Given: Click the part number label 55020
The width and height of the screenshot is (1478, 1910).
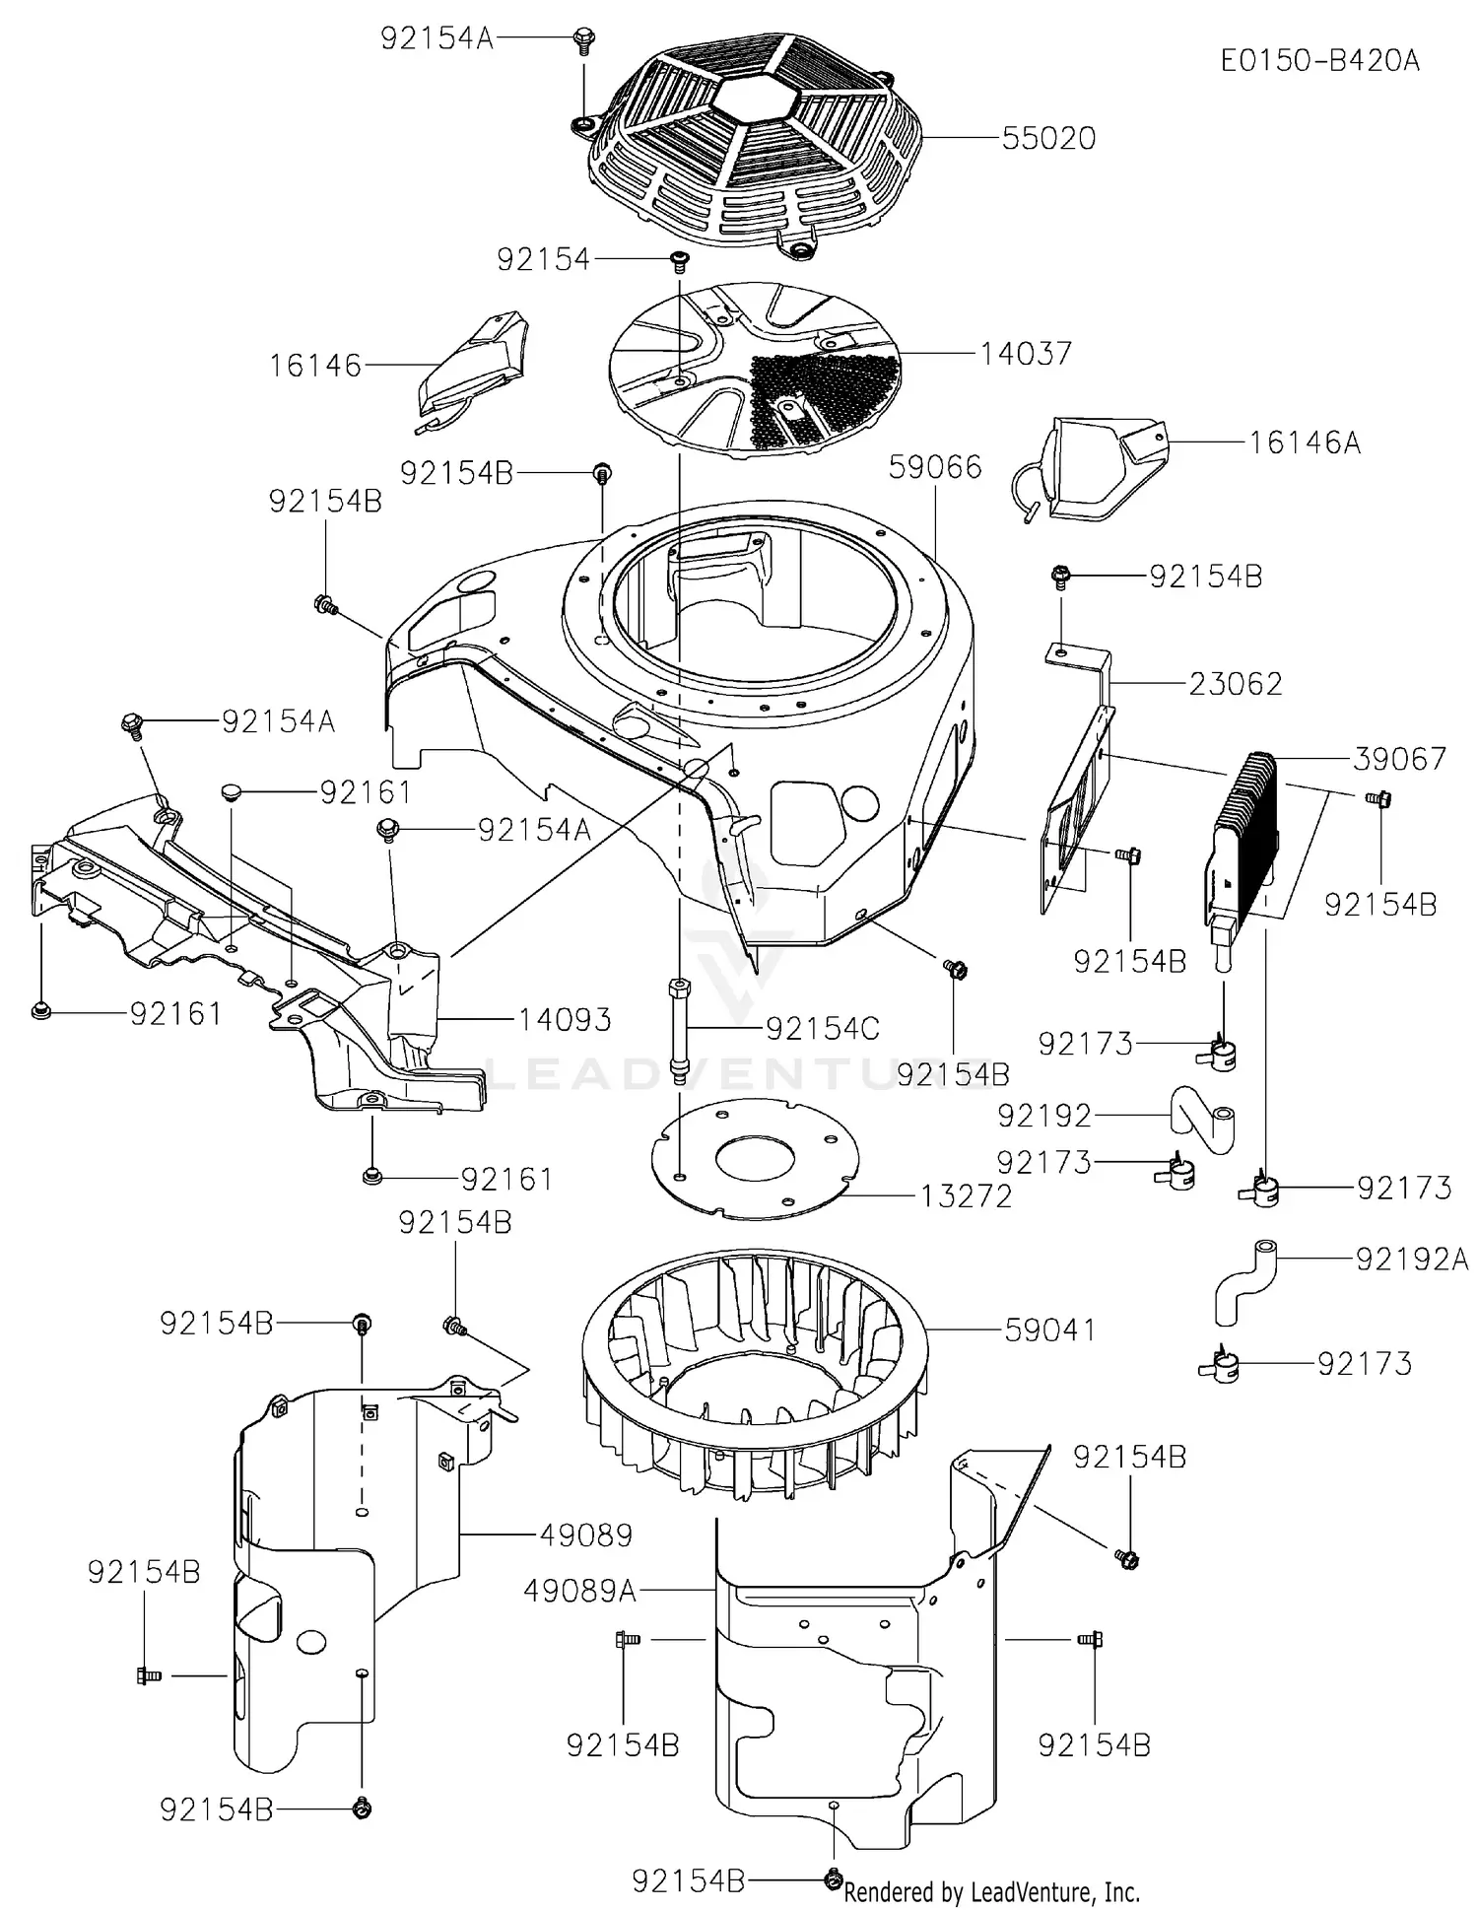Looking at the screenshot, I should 1048,138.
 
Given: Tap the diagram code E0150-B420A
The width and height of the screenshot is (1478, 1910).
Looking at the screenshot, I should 1319,61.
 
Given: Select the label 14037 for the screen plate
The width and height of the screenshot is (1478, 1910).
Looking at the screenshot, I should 1026,354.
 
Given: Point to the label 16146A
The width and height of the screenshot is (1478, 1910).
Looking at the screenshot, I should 1305,443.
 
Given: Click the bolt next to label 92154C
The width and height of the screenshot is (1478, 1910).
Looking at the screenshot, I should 678,1030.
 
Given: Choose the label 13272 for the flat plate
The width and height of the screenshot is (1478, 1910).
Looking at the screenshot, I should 966,1196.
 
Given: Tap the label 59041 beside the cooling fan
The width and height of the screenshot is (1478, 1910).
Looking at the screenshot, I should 1049,1330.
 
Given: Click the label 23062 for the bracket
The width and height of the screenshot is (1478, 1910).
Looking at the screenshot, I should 1235,684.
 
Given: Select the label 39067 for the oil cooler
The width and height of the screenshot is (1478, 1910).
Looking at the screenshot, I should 1398,759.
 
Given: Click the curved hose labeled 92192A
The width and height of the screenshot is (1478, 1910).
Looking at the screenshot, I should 1243,1280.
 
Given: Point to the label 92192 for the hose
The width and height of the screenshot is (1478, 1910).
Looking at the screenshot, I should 1044,1116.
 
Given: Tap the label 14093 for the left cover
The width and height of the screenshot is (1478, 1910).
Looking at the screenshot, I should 565,1019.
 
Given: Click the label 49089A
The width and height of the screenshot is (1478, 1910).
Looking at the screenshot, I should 579,1591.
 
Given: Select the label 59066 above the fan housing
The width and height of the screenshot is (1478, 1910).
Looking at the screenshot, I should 934,467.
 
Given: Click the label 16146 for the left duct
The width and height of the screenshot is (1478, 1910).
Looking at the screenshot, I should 315,366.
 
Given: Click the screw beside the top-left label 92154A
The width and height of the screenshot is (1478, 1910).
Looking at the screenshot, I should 582,40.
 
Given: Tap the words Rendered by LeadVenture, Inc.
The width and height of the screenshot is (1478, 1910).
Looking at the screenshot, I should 991,1892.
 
